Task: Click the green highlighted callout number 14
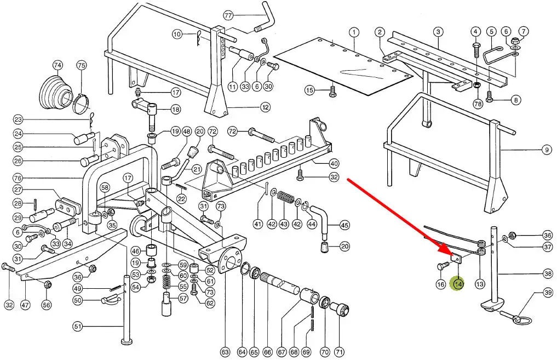[457, 284]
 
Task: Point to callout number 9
[546, 150]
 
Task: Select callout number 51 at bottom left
[78, 327]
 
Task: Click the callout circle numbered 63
[225, 351]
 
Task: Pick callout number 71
[340, 351]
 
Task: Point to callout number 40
[334, 163]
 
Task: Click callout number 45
[344, 225]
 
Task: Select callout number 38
[548, 273]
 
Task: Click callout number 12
[265, 107]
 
